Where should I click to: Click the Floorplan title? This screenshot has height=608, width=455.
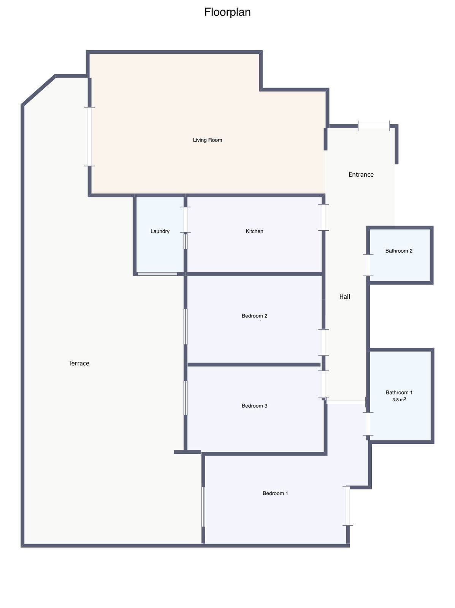click(227, 12)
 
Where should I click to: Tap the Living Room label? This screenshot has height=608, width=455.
click(207, 140)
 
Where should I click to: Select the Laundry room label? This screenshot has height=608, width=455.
click(160, 231)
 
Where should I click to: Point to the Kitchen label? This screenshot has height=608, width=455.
click(254, 231)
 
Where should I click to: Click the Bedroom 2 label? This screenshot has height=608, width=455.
click(254, 316)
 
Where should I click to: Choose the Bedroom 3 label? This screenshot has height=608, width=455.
click(254, 406)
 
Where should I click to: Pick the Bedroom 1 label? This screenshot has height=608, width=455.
click(275, 493)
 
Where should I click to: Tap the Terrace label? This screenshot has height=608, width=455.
click(79, 363)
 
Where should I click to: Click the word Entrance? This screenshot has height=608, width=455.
click(361, 174)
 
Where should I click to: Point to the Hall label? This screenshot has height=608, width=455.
click(344, 296)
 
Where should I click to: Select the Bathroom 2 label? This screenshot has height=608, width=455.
click(399, 251)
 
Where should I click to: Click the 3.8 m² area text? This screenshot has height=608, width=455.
click(399, 399)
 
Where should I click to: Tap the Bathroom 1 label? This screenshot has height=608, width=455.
click(399, 393)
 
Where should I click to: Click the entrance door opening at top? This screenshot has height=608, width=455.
click(374, 126)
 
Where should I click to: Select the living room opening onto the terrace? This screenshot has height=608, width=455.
click(90, 136)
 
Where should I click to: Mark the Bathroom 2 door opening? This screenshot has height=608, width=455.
click(368, 265)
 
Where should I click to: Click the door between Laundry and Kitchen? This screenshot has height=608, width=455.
click(185, 219)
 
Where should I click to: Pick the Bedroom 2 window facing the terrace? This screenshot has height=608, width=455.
click(185, 326)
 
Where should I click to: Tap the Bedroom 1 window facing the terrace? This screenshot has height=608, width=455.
click(203, 507)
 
